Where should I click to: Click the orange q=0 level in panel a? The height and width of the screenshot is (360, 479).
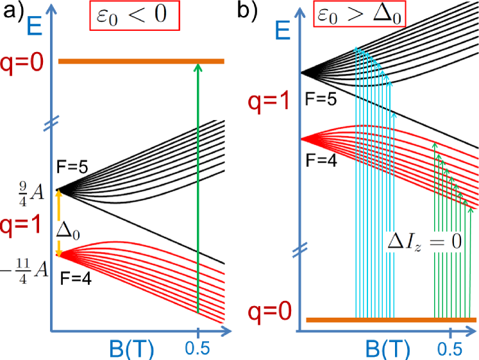coord(128,62)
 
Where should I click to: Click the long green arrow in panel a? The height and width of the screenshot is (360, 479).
coord(198,186)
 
